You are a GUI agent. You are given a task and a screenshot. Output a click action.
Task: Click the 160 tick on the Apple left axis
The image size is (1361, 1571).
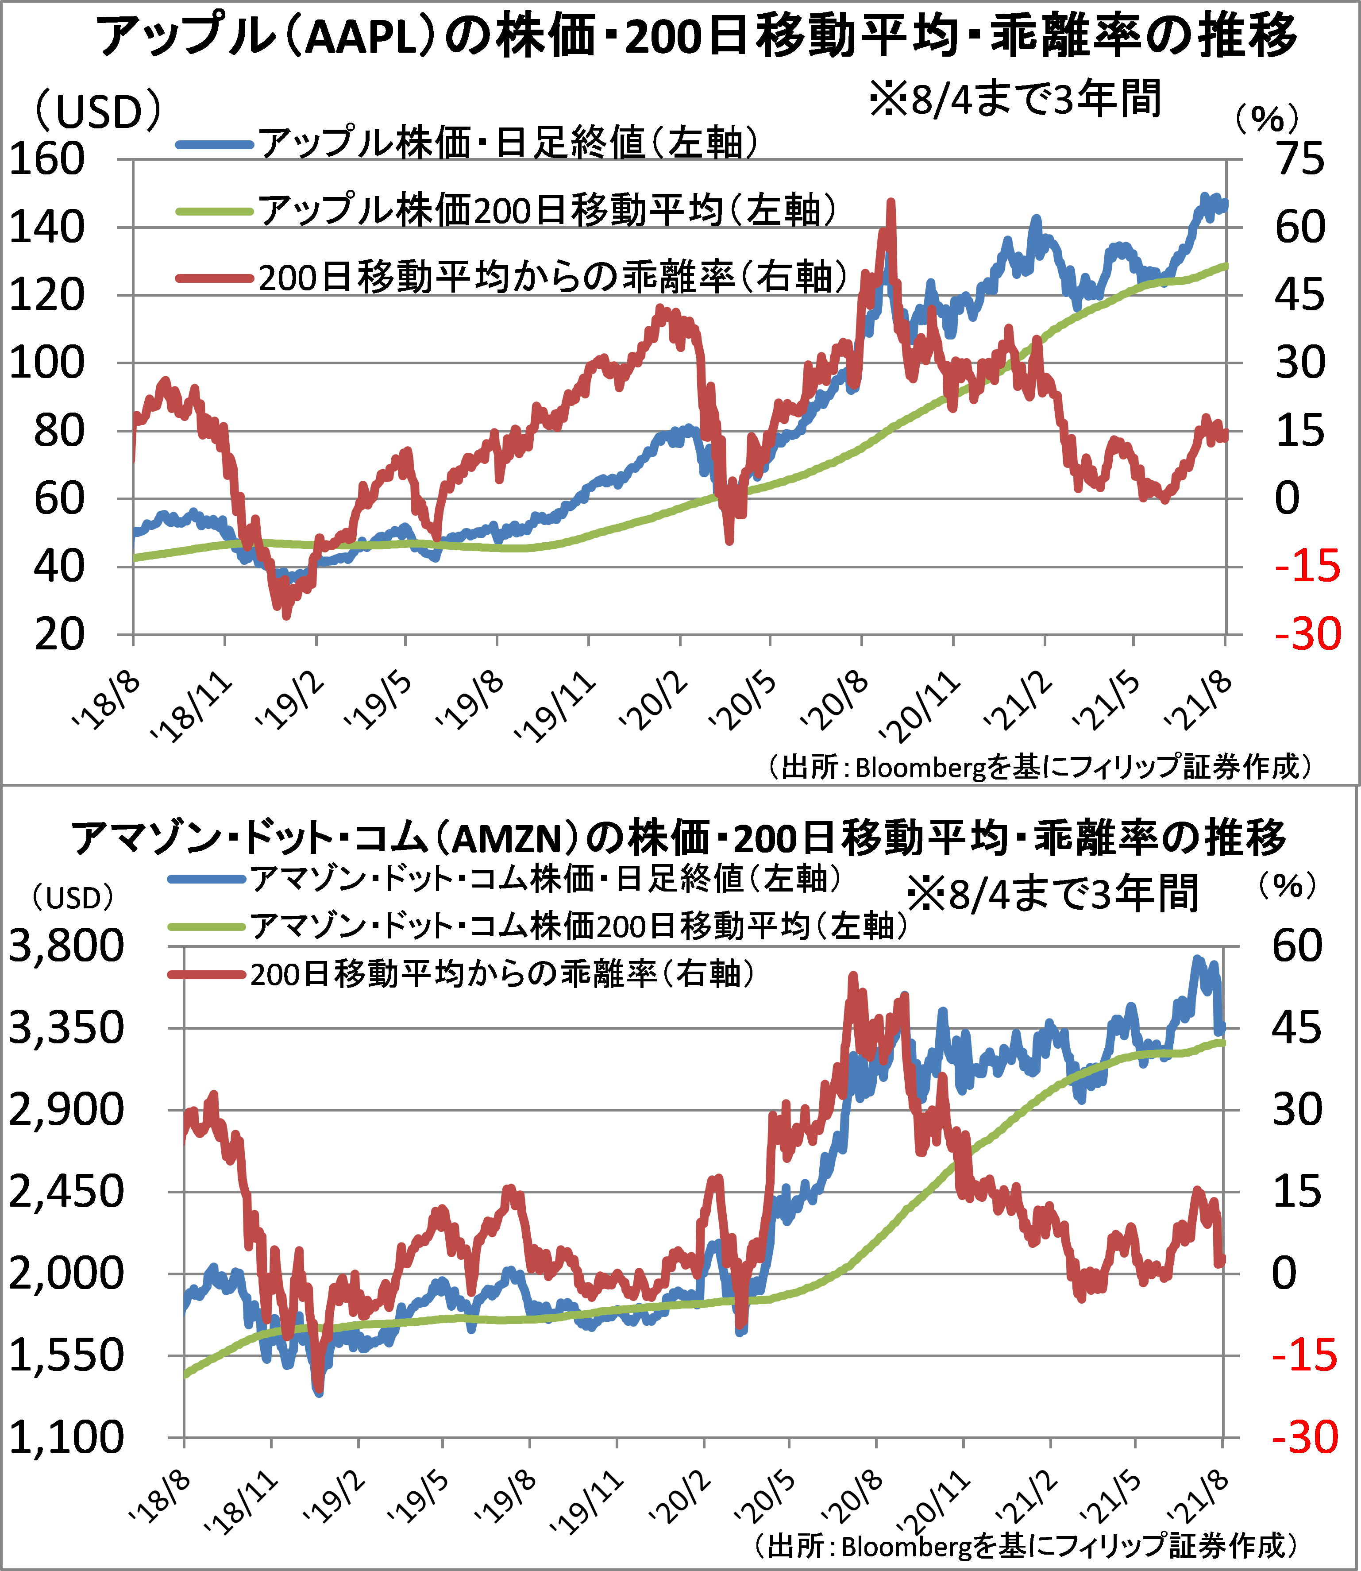point(46,160)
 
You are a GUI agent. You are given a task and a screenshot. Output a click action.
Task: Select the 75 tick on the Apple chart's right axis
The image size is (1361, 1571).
point(1300,160)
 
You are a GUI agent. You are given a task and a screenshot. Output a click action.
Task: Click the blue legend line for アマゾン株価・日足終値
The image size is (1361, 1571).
point(207,880)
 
